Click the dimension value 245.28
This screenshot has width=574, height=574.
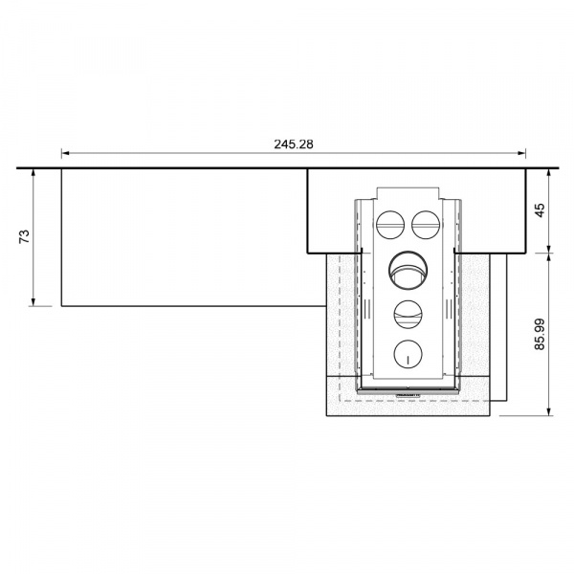point(294,144)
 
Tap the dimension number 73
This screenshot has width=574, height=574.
point(24,237)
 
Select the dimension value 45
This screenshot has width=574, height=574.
point(540,210)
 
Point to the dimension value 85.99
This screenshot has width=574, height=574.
point(540,334)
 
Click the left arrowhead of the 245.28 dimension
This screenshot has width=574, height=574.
point(65,153)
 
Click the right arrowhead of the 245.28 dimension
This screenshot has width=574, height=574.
point(522,153)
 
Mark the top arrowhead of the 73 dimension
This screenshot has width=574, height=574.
point(33,173)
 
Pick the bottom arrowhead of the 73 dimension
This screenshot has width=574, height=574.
point(33,301)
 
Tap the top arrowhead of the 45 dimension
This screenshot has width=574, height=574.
point(549,173)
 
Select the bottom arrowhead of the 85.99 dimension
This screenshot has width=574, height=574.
point(549,411)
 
